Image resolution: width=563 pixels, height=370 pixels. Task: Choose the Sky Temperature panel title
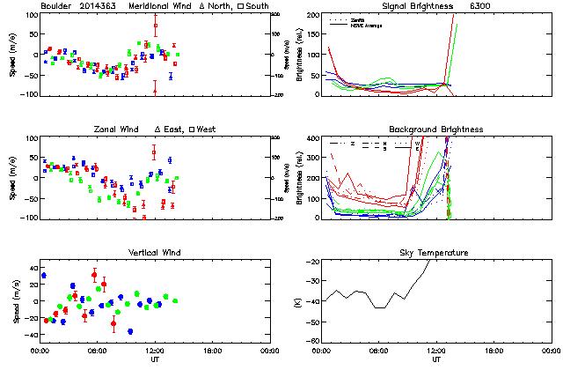tap(435, 253)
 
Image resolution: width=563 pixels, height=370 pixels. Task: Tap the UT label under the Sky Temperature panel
tap(436, 359)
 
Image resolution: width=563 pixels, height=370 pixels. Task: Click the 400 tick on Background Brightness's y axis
tap(311, 138)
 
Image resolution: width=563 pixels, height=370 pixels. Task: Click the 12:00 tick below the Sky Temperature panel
tap(436, 351)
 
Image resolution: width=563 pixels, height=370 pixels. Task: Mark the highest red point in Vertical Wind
tap(94, 275)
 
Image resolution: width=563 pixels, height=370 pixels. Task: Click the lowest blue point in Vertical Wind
tap(130, 331)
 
